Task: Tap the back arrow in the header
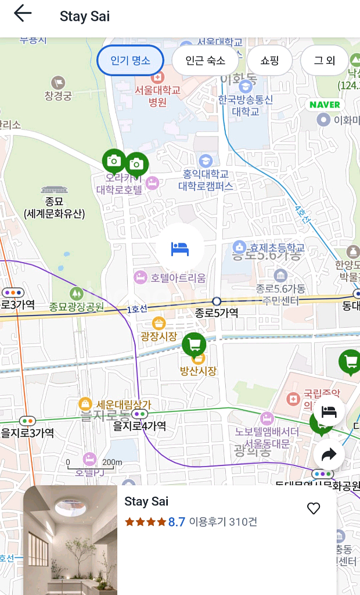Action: [23, 13]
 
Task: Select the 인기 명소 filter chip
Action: [130, 60]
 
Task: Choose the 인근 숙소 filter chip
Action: [206, 60]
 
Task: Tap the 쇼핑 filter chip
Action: [270, 60]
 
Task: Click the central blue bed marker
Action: [180, 249]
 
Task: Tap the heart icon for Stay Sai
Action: [314, 508]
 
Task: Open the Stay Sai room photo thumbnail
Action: [70, 540]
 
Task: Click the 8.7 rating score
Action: [177, 522]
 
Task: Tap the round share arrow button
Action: [329, 454]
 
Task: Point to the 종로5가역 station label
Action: [216, 313]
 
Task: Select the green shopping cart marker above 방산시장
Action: [194, 345]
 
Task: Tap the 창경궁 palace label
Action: [58, 96]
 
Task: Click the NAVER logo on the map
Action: [325, 105]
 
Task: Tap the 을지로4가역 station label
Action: [139, 425]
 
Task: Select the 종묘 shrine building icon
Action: [53, 189]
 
